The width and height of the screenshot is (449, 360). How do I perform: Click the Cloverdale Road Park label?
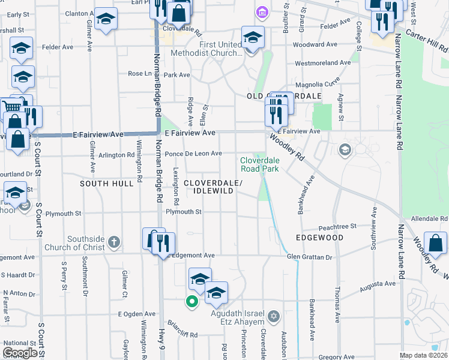[260, 164]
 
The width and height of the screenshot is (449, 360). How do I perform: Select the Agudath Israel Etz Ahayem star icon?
[274, 316]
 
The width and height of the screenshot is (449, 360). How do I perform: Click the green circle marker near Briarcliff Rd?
[191, 301]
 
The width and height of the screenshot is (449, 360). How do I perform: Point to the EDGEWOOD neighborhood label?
[319, 238]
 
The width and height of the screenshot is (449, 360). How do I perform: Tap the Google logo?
[20, 353]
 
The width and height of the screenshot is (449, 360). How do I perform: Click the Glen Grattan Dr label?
[309, 257]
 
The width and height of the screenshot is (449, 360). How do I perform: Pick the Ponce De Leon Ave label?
[193, 154]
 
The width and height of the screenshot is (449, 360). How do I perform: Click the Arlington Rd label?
[118, 155]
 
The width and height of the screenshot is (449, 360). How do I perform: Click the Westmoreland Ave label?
[322, 62]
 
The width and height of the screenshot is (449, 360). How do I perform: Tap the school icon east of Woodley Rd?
[345, 149]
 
